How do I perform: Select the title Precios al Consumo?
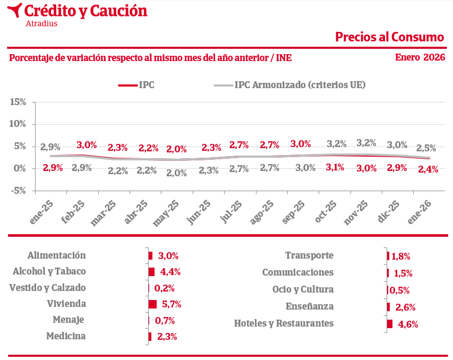coord(389,37)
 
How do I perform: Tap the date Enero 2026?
coord(420,57)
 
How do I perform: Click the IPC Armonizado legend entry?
coord(300,85)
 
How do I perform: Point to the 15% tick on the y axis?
coord(18,101)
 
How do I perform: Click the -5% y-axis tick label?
coord(18,191)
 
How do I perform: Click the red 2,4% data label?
coord(428,169)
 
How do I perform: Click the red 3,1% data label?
coord(335,167)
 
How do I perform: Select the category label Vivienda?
coord(66,304)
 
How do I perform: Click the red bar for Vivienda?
coord(152,304)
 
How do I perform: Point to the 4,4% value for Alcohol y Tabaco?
coord(170,272)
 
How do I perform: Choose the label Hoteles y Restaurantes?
coord(284,323)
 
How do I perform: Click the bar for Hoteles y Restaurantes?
coord(389,324)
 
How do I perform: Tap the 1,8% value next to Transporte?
coord(401,256)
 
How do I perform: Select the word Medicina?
coord(66,336)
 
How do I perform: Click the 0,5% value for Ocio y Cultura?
coord(399,290)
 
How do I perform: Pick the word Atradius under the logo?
coord(41,23)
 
